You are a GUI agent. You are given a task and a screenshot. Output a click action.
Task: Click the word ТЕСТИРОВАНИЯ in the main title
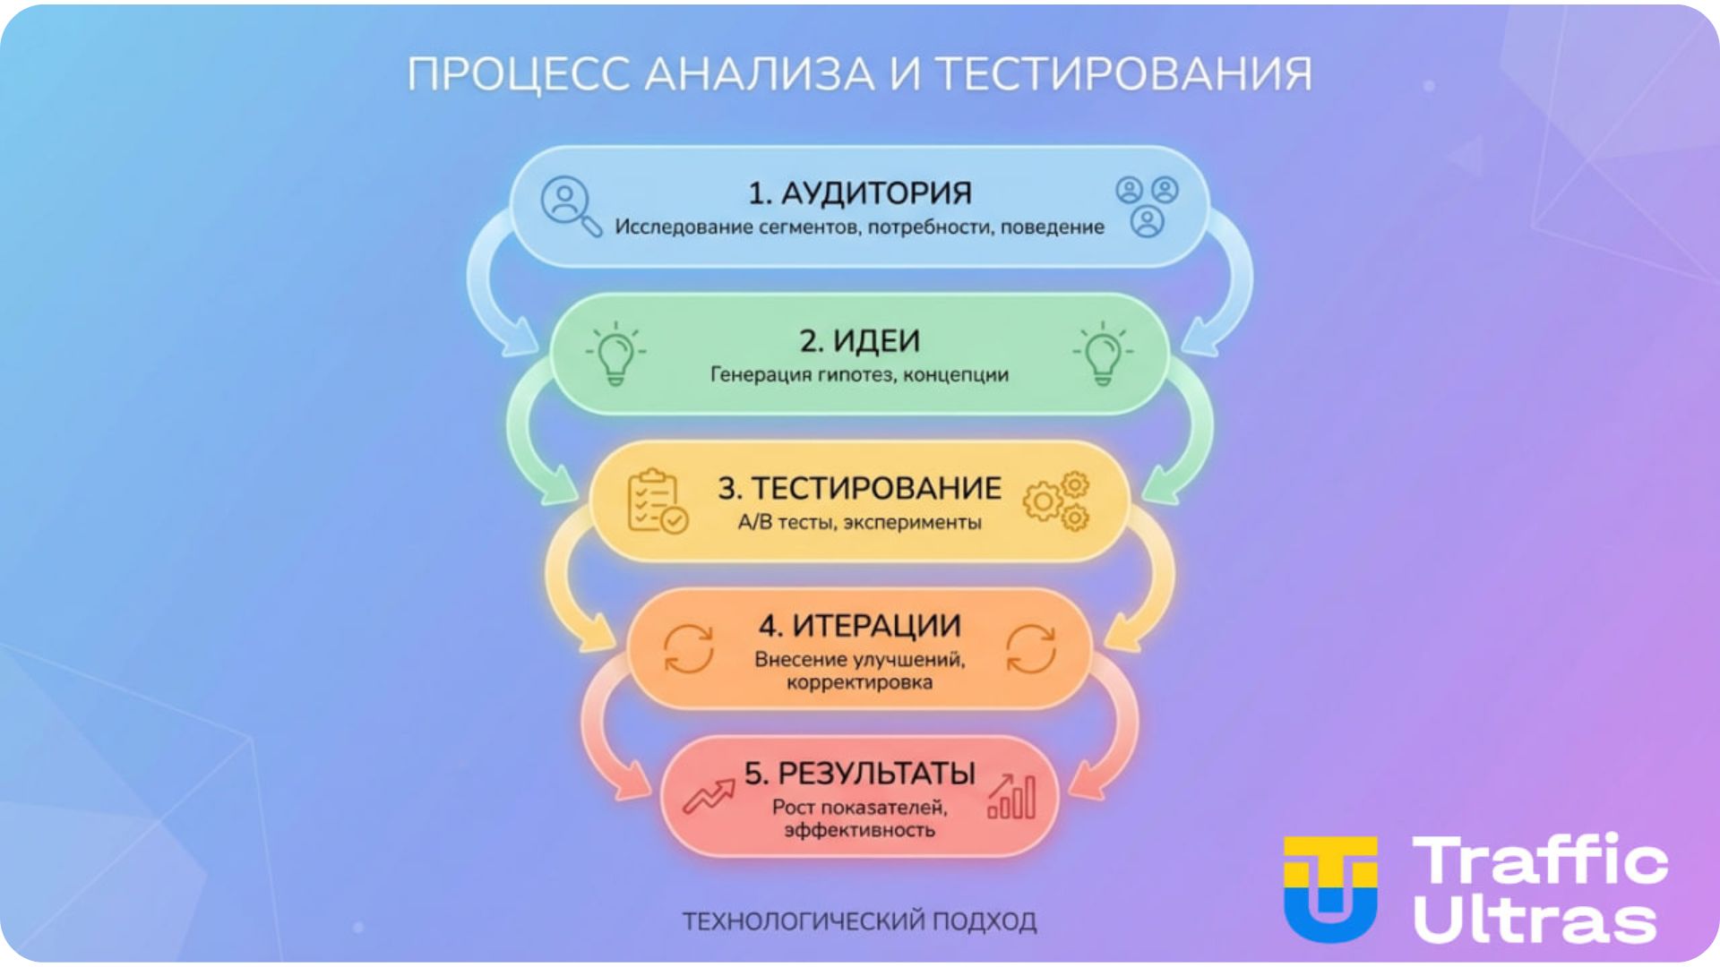1124,74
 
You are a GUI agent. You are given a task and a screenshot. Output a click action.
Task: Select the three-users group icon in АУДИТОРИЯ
1147,206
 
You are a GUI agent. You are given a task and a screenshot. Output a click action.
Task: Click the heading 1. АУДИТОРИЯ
859,193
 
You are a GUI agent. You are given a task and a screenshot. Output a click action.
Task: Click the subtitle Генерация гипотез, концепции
859,374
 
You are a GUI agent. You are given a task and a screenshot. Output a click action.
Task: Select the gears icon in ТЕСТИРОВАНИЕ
1057,501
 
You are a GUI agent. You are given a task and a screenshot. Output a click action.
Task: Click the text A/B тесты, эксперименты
859,522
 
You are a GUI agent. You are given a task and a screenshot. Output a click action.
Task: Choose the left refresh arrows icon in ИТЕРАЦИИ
688,648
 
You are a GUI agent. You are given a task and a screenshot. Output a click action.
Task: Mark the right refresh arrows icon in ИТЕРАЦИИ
1031,648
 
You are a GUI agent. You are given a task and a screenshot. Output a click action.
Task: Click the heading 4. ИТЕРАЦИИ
859,625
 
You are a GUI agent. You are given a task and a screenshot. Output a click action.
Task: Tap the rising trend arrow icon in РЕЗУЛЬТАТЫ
708,794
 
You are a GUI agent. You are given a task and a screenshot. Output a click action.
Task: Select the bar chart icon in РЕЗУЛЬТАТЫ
1011,796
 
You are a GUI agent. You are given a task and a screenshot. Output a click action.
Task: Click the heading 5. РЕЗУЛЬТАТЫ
859,773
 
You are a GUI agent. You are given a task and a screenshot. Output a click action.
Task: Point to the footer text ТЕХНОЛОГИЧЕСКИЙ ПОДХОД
859,921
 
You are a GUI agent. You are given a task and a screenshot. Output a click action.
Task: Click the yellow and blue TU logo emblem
1330,889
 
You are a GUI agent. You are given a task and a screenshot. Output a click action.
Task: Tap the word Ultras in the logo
1535,919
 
